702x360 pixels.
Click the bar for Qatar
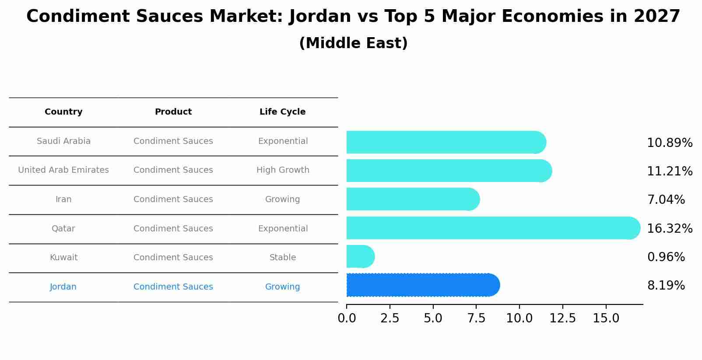coord(490,228)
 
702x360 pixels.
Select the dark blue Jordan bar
coord(420,285)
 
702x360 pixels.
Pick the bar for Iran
coord(411,199)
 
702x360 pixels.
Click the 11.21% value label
coord(669,171)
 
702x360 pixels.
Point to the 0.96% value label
coord(666,257)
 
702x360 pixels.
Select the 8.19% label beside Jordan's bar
coord(666,286)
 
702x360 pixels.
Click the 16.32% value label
coord(669,228)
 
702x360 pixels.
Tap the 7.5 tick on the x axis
coord(476,318)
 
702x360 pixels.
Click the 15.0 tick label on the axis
coord(606,318)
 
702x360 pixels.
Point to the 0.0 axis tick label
coord(347,318)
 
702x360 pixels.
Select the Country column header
coord(63,112)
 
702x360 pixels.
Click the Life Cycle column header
coord(282,112)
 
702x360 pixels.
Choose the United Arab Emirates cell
coord(63,170)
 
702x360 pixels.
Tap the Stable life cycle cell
coord(282,258)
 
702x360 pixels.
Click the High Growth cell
coord(282,170)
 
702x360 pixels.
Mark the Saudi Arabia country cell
coord(63,141)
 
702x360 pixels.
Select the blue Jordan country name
coord(63,287)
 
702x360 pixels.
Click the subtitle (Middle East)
coord(353,43)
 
